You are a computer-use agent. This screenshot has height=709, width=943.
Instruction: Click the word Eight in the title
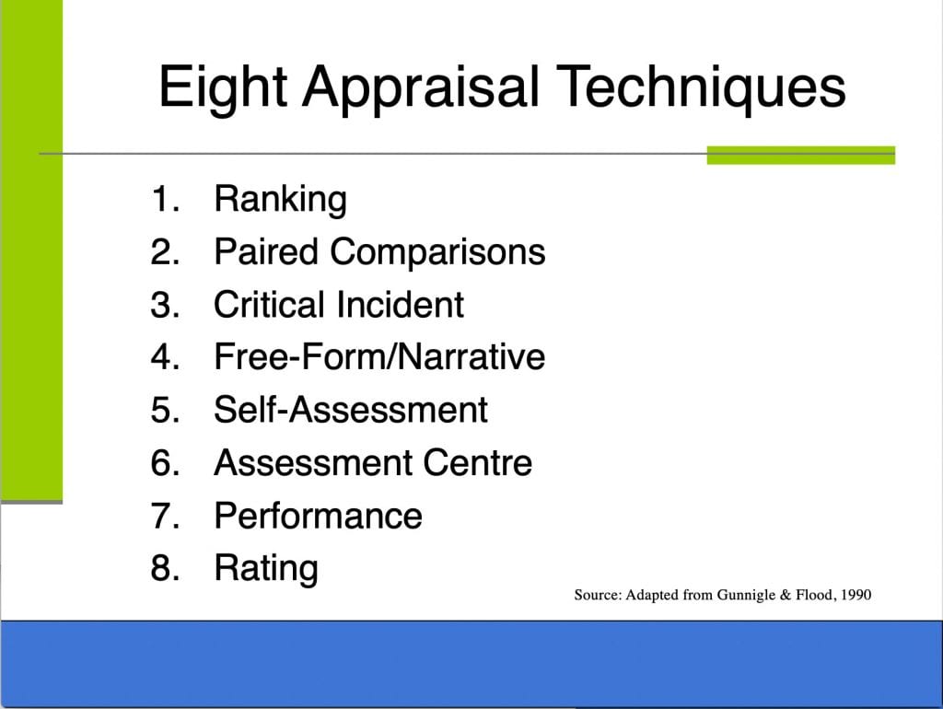222,87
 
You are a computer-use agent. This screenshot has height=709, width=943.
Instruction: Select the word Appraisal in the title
419,87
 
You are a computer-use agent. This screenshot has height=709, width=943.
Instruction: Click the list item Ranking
280,199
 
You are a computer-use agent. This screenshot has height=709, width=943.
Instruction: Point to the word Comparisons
437,252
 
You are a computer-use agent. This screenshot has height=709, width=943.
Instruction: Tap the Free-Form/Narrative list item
379,356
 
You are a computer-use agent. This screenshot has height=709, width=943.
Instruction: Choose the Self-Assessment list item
351,410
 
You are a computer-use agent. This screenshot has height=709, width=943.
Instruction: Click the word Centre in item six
478,462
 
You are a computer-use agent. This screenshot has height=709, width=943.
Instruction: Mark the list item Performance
318,516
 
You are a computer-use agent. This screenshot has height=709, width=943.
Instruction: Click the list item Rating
266,568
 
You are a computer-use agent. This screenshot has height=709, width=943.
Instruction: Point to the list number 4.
165,356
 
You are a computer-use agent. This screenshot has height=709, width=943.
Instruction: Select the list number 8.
165,568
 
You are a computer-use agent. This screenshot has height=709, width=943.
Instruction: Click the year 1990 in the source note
856,595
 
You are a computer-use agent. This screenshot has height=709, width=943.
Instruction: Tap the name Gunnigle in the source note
746,596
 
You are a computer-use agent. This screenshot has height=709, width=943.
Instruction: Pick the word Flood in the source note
815,595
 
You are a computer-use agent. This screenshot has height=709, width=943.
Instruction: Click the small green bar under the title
801,155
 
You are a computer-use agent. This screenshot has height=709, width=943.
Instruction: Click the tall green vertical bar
32,250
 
